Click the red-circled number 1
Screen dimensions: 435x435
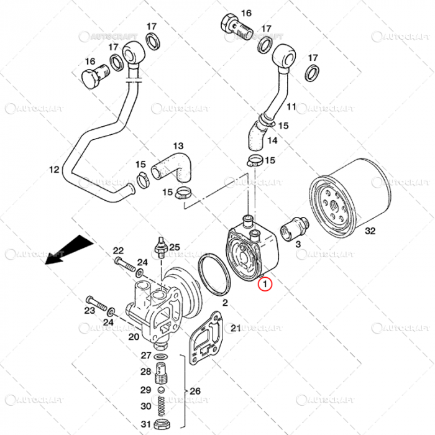[266, 285]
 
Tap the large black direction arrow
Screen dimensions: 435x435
[65, 249]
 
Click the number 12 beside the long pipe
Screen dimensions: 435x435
[53, 168]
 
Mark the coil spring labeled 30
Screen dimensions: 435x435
[162, 408]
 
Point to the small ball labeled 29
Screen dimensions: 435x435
[162, 390]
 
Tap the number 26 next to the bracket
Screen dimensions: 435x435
[195, 391]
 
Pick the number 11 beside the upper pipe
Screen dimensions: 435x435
[291, 108]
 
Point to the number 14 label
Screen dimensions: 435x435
[273, 140]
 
